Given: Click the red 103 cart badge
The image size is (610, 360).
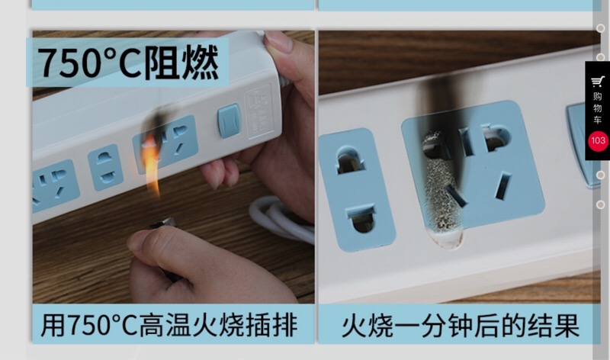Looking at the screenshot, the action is (598, 141).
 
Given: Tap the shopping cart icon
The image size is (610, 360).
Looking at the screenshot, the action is (597, 82).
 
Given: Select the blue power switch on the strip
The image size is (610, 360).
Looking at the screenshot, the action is (230, 121).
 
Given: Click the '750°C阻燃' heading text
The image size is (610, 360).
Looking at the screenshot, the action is (128, 63).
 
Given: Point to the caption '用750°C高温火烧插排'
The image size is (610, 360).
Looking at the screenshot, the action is (169, 325).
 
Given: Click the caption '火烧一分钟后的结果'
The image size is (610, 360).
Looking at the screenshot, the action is (461, 326).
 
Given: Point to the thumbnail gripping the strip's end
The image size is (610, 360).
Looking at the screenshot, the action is (278, 42).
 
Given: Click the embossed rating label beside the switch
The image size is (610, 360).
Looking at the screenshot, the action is (258, 111).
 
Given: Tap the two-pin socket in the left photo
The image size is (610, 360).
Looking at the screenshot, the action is (105, 167).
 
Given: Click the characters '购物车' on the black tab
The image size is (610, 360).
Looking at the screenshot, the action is (597, 108).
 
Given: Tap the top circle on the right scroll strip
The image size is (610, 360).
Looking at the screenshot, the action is (601, 28).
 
